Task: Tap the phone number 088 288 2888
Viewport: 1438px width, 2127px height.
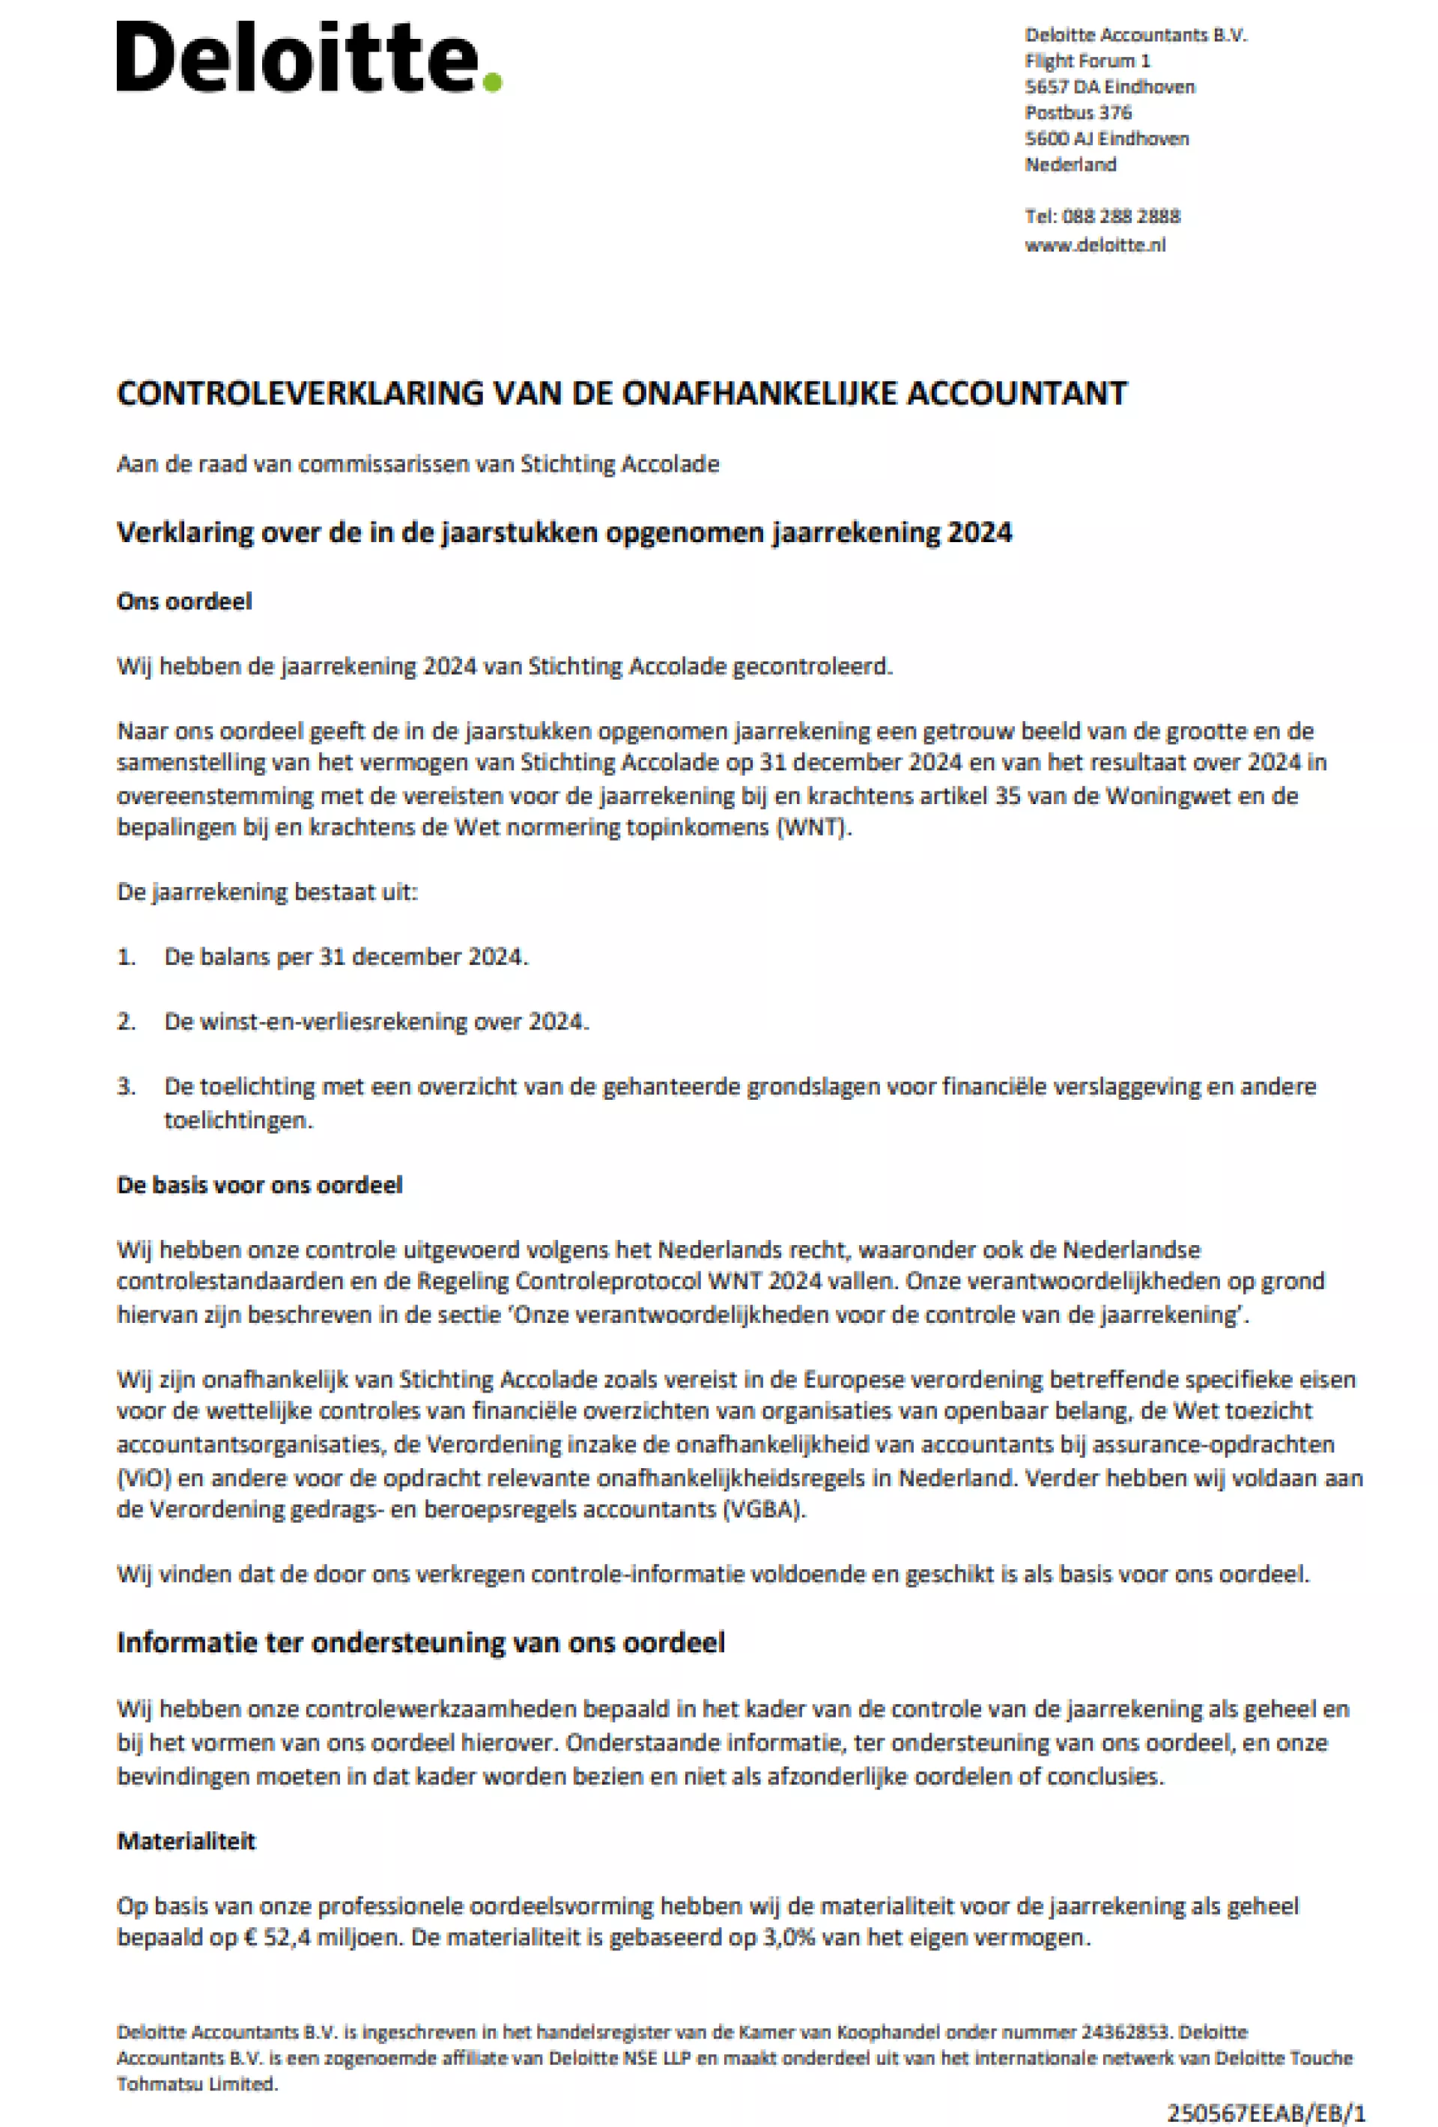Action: (x=1120, y=217)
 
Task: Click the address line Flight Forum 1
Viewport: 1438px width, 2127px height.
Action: (x=1087, y=61)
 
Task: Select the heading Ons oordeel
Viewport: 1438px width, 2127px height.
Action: (x=184, y=601)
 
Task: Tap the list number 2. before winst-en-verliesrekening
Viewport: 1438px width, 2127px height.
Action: (x=127, y=1021)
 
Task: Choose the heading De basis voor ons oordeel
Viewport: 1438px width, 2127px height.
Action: (x=259, y=1185)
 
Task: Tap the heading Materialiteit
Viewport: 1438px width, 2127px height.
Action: (x=186, y=1842)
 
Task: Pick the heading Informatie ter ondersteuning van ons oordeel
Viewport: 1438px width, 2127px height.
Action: (x=420, y=1643)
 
